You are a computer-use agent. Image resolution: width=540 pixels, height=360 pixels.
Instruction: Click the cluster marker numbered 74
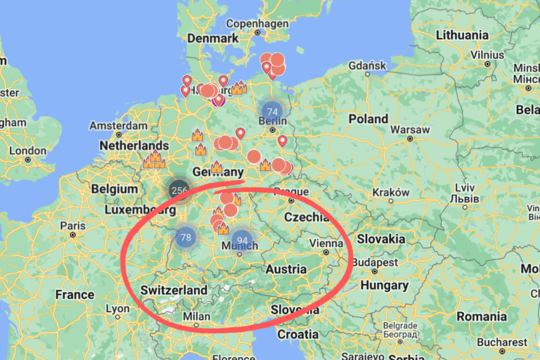coord(272,111)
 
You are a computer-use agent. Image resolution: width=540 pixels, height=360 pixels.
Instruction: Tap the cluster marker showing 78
coord(186,238)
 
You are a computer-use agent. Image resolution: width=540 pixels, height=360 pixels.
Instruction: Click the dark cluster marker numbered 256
coord(179,190)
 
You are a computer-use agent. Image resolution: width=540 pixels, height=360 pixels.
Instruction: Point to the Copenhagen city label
coord(257,23)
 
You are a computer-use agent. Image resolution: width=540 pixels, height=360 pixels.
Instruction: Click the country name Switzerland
coord(174,290)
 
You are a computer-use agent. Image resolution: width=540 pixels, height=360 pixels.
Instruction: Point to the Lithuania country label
coord(462,35)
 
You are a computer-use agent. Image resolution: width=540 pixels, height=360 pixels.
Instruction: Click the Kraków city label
coord(391,192)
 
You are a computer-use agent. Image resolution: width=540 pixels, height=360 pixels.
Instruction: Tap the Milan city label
coord(197,316)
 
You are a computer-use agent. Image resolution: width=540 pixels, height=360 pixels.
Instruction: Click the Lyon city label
coord(117,309)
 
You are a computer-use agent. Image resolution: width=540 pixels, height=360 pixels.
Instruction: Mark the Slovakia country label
coord(380,239)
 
